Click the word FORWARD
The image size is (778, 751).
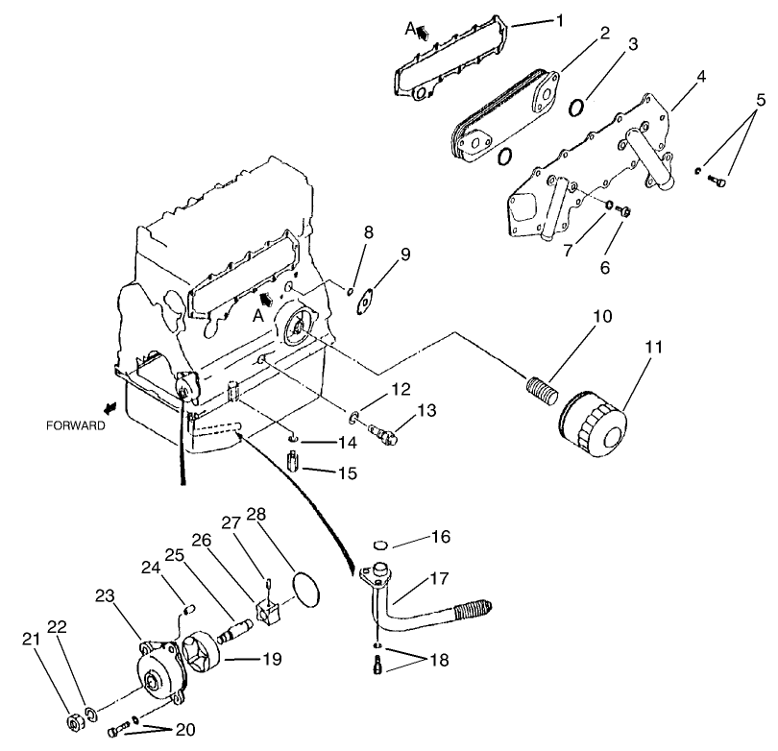pyautogui.click(x=74, y=425)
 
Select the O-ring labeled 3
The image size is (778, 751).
pyautogui.click(x=577, y=106)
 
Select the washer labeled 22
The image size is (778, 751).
pyautogui.click(x=92, y=713)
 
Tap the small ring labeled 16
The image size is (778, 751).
pyautogui.click(x=379, y=545)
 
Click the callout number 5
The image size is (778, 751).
pyautogui.click(x=761, y=99)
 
